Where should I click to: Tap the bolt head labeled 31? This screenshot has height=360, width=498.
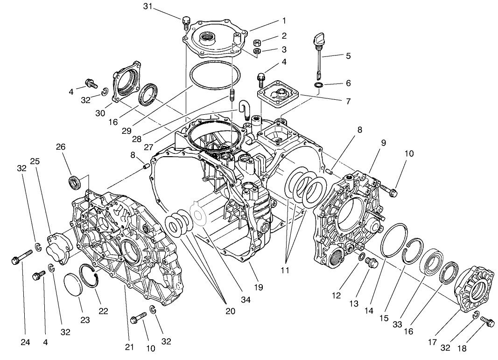(x=186, y=21)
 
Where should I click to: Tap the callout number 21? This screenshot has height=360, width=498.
(x=129, y=346)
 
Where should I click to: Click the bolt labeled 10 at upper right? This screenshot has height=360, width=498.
(x=389, y=189)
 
